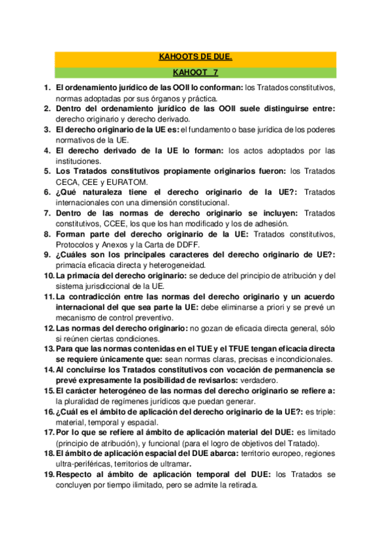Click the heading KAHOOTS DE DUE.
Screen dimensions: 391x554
(196, 57)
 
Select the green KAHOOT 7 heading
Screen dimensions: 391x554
(196, 73)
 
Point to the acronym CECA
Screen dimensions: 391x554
(69, 182)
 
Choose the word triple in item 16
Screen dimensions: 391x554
(324, 412)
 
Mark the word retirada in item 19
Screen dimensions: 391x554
(242, 486)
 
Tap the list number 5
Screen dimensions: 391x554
(48, 171)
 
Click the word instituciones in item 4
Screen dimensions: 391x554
(78, 161)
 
